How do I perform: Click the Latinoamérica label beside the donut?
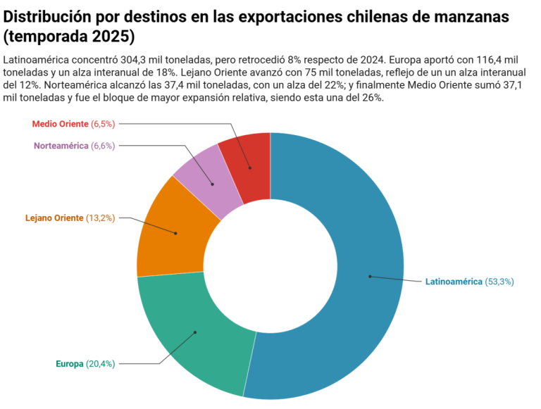pyautogui.click(x=453, y=282)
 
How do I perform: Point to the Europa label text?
pyautogui.click(x=69, y=364)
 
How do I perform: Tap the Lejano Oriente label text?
pyautogui.click(x=54, y=218)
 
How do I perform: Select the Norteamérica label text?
pyautogui.click(x=61, y=146)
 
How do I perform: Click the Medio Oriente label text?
pyautogui.click(x=60, y=124)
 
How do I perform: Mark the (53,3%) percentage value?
pyautogui.click(x=499, y=282)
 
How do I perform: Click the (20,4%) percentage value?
pyautogui.click(x=100, y=364)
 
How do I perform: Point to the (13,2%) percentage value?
pyautogui.click(x=100, y=218)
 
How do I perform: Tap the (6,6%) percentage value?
pyautogui.click(x=103, y=146)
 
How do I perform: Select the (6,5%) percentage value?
pyautogui.click(x=102, y=124)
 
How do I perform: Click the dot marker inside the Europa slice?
pyautogui.click(x=195, y=332)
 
